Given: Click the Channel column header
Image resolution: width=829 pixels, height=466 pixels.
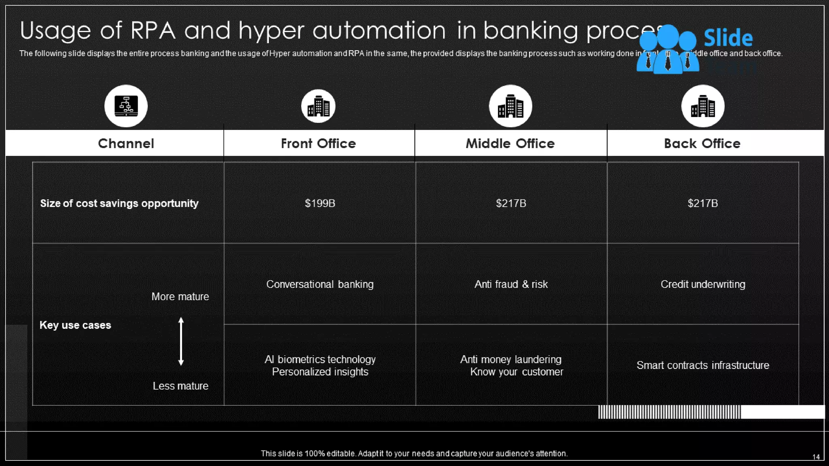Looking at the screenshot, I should (126, 144).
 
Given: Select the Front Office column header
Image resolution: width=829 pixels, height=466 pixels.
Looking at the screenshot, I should (318, 144).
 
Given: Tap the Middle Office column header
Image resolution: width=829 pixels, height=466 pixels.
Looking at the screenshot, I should (510, 144).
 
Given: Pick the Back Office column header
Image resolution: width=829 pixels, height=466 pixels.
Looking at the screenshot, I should (702, 144).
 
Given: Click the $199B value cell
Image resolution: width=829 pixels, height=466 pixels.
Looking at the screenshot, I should (320, 203).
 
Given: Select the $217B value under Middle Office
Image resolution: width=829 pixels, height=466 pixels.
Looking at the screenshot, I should (511, 203).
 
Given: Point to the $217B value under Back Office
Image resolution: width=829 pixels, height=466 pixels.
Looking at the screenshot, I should (703, 203).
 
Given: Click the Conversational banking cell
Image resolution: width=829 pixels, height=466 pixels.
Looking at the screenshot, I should (320, 284).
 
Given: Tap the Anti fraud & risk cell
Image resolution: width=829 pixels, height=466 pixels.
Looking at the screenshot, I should (511, 284).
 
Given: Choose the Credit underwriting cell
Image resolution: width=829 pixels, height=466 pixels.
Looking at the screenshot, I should (703, 284).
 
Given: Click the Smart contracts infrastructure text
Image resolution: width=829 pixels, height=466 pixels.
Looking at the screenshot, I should (703, 365).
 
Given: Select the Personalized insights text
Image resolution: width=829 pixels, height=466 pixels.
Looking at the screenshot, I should (320, 372).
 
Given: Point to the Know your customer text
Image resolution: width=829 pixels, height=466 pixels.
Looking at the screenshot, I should (517, 372).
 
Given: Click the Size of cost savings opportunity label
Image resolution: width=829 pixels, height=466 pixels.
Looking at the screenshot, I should (119, 203).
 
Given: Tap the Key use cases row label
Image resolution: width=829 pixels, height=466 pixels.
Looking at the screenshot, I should (75, 325).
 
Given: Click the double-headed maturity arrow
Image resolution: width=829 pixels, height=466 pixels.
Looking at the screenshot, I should (181, 341).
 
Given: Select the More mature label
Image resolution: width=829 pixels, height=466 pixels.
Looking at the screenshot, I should (180, 297).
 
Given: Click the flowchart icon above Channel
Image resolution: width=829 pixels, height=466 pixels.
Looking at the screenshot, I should (126, 106).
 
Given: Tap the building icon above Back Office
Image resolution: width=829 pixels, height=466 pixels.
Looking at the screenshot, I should (703, 106).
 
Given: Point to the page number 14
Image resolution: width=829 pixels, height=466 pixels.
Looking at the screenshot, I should (816, 457).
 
